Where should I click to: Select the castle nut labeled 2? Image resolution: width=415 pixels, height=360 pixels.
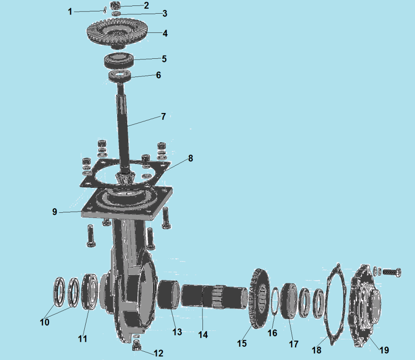(115, 5)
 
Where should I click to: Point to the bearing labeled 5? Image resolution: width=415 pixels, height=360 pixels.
(118, 61)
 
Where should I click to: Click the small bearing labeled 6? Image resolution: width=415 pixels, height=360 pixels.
(120, 76)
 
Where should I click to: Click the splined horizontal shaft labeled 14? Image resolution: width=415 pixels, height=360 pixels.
(214, 296)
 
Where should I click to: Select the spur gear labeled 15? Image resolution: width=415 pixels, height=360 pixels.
(259, 298)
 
